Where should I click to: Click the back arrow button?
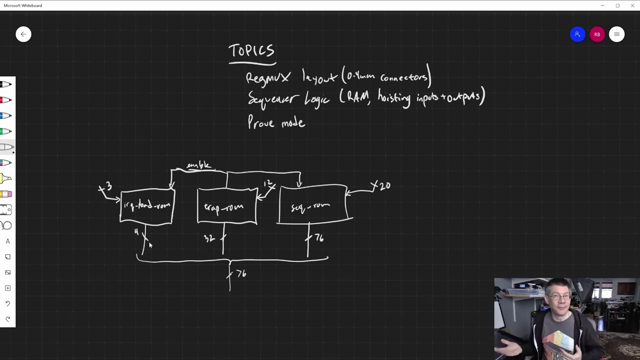coord(23,34)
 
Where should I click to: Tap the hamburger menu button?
coord(616,34)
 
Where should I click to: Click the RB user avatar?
coord(597,34)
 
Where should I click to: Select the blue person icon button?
coord(577,34)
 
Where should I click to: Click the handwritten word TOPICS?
coord(251,51)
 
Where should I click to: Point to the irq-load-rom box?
coord(147,205)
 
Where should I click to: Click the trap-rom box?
coord(227,206)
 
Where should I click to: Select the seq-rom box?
coord(312,204)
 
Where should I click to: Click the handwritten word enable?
coord(198,165)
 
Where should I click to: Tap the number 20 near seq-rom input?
coord(384,186)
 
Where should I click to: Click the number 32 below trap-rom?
coord(209,238)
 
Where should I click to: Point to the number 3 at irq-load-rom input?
coord(108,186)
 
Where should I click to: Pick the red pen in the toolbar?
coord(6,100)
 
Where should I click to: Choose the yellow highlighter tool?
coord(6,178)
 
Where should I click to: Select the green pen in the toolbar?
coord(6,131)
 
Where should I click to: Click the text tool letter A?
coord(7,241)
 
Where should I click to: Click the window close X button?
coord(632,5)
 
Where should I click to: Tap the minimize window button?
coord(602,5)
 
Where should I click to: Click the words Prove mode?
coord(276,122)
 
